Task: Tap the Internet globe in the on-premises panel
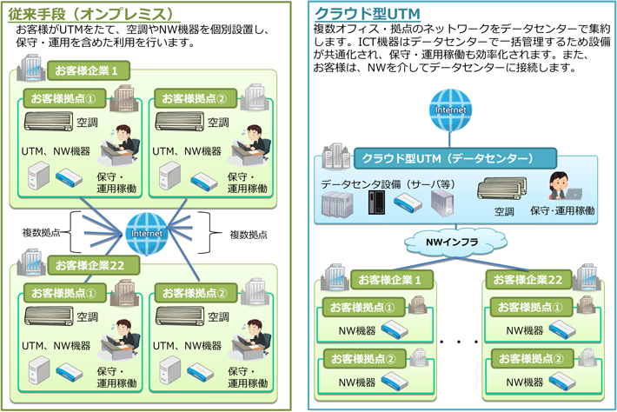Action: (146, 233)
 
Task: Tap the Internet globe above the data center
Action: (449, 110)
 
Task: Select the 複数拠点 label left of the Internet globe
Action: (42, 232)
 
